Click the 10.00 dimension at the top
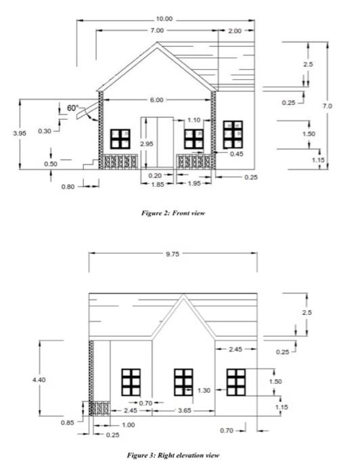point(164,19)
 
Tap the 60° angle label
point(73,108)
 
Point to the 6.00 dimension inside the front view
point(156,100)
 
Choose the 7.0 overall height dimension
point(327,106)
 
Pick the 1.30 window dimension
point(203,391)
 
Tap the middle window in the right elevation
point(183,381)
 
